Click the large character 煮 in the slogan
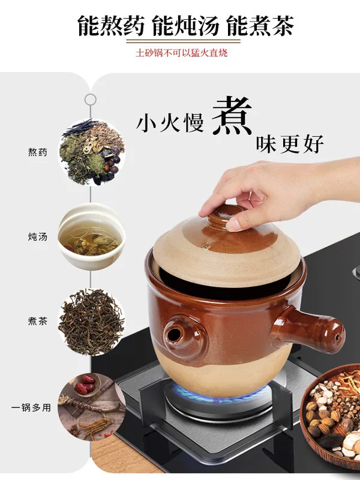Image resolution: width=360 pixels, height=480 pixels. pos(232,116)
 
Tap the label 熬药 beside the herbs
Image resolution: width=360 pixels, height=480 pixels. pos(38,152)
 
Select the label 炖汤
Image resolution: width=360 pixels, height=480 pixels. pos(38,236)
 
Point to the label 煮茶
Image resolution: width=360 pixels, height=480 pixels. pos(38,321)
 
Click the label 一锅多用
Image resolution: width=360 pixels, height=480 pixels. pos(31,408)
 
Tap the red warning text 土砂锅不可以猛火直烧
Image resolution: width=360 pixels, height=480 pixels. pos(182,53)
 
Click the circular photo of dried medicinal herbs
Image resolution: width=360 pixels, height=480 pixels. pos(92,152)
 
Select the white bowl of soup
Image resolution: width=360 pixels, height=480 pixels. pos(92,236)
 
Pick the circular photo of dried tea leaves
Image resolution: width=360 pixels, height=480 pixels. pos(92,322)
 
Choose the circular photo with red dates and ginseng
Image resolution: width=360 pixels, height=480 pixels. pos(92,407)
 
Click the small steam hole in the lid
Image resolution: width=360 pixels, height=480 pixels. pos(207,246)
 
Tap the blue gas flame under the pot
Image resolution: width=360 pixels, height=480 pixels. pos(219,394)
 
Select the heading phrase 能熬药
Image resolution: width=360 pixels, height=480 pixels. pos(110,26)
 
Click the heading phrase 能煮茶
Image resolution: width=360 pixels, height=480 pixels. pos(260,26)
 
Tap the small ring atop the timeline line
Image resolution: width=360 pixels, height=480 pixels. pos(91,100)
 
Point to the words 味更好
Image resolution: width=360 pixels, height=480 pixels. pos(290,144)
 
